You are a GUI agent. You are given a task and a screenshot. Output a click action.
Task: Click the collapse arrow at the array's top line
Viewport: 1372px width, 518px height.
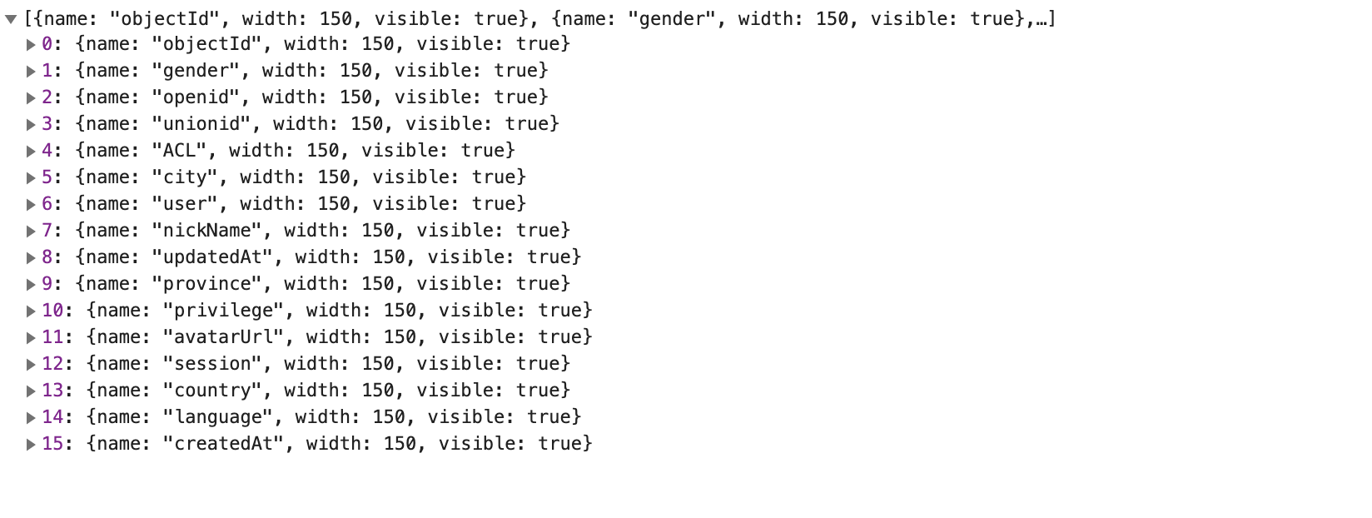point(11,19)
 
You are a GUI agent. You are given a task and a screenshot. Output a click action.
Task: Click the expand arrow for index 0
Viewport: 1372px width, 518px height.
point(31,45)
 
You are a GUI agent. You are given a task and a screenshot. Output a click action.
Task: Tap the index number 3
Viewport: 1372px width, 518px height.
point(47,124)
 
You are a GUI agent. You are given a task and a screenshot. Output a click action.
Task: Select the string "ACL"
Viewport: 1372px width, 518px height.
point(185,151)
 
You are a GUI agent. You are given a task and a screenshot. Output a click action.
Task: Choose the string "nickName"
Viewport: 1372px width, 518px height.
point(206,231)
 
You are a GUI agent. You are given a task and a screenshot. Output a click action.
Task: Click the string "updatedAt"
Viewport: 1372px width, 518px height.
point(212,257)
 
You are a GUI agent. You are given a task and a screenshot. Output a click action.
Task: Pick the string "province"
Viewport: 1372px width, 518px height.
point(206,284)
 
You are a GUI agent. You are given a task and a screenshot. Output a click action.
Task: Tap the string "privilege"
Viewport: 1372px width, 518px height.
point(223,311)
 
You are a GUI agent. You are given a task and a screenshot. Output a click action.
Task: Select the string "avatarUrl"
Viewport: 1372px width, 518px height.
point(223,337)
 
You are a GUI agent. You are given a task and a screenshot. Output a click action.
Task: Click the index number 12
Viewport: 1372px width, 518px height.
point(52,364)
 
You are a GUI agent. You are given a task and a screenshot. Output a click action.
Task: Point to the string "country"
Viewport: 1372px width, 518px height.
point(212,391)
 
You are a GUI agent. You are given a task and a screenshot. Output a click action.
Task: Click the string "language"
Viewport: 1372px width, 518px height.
point(218,417)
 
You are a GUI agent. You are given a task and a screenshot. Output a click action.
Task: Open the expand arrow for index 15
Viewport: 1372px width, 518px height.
point(31,445)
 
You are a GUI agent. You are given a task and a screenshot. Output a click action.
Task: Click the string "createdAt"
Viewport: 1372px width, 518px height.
point(223,444)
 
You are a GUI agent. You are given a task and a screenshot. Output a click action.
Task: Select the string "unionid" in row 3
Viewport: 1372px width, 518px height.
point(201,124)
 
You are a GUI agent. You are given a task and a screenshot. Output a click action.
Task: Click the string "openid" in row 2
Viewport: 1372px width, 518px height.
point(196,97)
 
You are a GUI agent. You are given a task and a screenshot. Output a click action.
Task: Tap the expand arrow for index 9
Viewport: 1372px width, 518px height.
point(31,285)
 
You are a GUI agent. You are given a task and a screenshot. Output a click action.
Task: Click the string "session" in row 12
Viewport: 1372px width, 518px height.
point(212,364)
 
